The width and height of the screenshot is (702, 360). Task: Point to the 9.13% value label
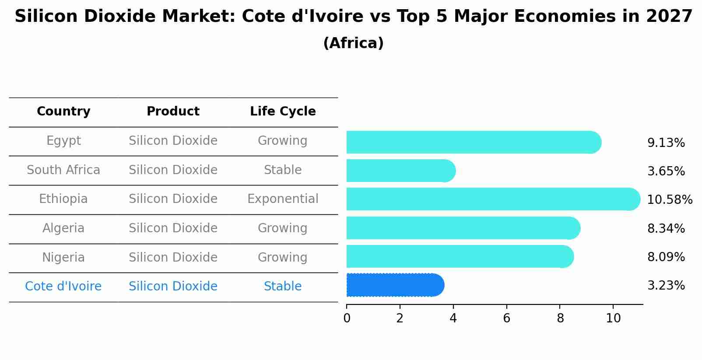coord(666,143)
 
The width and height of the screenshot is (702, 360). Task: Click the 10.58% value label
coord(669,200)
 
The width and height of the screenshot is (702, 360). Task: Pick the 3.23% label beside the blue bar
coord(666,286)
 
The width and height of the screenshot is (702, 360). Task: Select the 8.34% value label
coord(666,228)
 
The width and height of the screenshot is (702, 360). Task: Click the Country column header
coord(63,112)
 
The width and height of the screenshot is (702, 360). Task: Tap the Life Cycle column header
coord(283,112)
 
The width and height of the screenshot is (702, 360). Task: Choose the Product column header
coord(173,112)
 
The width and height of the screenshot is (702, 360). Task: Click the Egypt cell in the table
coord(63,141)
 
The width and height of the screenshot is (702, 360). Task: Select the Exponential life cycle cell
coord(283,199)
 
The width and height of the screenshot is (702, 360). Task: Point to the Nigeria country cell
coord(63,257)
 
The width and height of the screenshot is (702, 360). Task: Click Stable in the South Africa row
coord(283,170)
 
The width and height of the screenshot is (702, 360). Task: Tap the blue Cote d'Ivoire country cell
coord(63,287)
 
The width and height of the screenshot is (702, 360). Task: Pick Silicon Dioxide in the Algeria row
coord(173,228)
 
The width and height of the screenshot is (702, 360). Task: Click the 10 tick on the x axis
coord(613,318)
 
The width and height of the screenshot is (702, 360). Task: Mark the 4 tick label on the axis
coord(453,318)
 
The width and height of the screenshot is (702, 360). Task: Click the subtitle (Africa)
coord(353,43)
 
